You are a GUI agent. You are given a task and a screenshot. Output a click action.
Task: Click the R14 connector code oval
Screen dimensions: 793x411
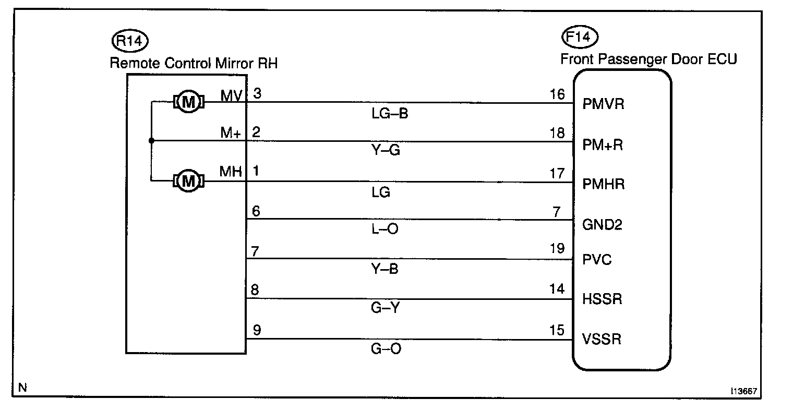(x=130, y=41)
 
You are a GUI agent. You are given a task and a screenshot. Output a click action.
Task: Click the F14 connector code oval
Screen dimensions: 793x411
(x=580, y=37)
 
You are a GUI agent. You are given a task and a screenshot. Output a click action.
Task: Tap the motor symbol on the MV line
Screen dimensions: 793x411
(x=188, y=102)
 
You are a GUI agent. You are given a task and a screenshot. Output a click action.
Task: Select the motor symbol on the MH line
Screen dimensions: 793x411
(x=188, y=182)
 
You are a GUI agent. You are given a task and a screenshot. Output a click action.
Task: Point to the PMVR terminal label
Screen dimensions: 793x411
(x=603, y=104)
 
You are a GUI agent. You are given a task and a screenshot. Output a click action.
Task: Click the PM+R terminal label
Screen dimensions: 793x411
(x=603, y=144)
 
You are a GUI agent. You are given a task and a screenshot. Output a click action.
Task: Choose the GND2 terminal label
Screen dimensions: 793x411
(x=602, y=225)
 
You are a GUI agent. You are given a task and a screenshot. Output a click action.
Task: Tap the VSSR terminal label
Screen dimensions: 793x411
(x=602, y=340)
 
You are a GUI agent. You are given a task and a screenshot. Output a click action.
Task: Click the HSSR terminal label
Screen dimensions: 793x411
(x=602, y=299)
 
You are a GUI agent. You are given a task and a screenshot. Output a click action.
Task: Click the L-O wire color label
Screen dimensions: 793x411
(x=385, y=229)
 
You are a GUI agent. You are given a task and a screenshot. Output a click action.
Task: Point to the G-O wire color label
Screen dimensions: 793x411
(x=387, y=348)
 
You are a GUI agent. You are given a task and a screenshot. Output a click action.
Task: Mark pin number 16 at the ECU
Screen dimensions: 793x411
(x=557, y=94)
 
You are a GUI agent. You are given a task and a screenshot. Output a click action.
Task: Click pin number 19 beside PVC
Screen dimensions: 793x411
(x=557, y=248)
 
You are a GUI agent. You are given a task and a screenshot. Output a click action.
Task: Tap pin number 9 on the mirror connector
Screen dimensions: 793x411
(x=256, y=330)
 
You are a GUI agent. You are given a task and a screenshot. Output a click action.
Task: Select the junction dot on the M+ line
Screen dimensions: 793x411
(x=151, y=141)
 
